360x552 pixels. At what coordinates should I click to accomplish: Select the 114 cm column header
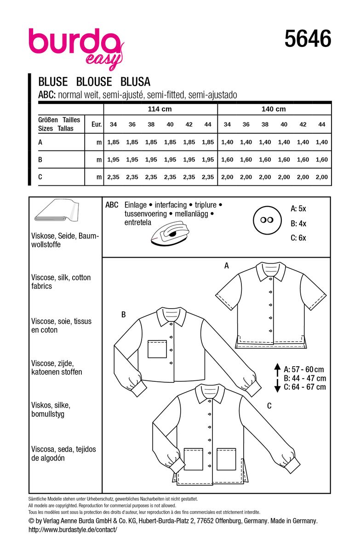tap(160, 109)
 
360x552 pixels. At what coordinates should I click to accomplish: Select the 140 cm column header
tap(274, 109)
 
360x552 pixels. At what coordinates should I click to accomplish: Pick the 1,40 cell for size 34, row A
tap(227, 143)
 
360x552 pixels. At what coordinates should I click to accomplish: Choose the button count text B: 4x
tap(298, 223)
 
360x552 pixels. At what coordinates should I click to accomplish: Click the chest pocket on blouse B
tap(157, 349)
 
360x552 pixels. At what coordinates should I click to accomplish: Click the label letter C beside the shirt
tap(269, 406)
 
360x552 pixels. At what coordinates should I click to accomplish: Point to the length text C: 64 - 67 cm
tap(305, 387)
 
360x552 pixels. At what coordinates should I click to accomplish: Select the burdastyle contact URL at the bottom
tap(73, 529)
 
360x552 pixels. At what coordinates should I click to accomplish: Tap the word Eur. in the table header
tap(96, 124)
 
